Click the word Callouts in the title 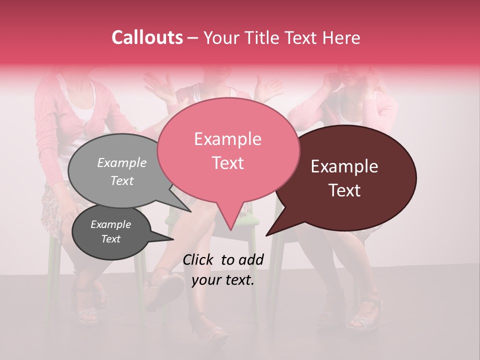(147, 37)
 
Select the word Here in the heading (342, 37)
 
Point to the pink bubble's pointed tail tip (230, 230)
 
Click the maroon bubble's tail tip (266, 235)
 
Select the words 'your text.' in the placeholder (223, 280)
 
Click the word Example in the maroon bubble (344, 167)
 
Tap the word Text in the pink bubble (228, 163)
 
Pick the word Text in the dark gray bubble (111, 239)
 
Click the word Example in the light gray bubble (122, 162)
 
